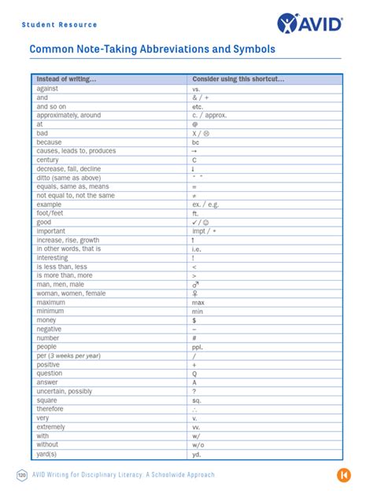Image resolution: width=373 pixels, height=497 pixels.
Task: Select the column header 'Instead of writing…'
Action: (67, 79)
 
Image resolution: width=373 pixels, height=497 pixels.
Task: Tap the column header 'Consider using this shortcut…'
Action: (238, 79)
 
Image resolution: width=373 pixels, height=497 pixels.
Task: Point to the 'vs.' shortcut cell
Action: (197, 89)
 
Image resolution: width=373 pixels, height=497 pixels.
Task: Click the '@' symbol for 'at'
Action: (194, 124)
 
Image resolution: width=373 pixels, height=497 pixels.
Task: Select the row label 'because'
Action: (49, 142)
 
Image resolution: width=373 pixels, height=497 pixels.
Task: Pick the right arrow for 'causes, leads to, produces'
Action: (194, 151)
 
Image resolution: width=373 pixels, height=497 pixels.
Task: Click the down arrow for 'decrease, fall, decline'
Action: (194, 169)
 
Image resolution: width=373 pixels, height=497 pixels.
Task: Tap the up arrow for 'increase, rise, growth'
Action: (194, 240)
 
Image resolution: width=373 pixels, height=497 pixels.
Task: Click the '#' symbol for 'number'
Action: (194, 338)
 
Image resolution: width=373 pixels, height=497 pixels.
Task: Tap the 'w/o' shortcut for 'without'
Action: (198, 444)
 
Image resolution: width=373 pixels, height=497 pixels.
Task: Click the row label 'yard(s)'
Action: (47, 454)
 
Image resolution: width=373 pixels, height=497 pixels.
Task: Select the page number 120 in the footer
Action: (22, 475)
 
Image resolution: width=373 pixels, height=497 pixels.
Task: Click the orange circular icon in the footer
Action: (343, 475)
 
